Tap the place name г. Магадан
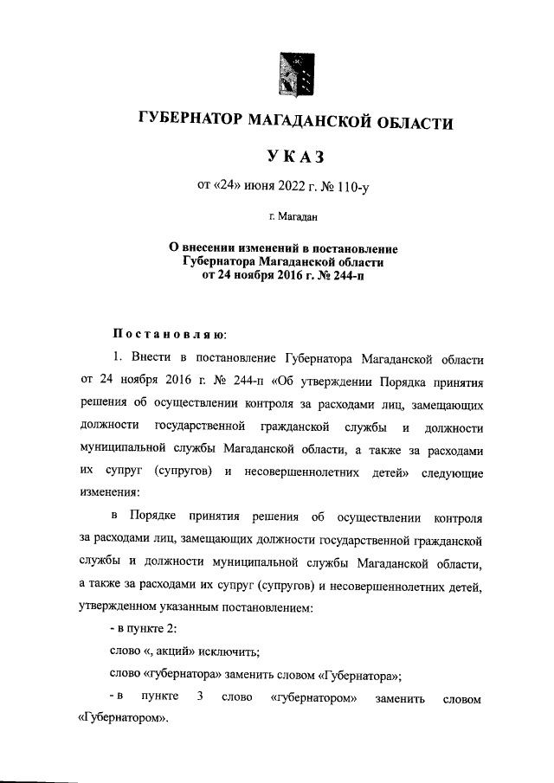pyautogui.click(x=293, y=215)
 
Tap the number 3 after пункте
pyautogui.click(x=199, y=697)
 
